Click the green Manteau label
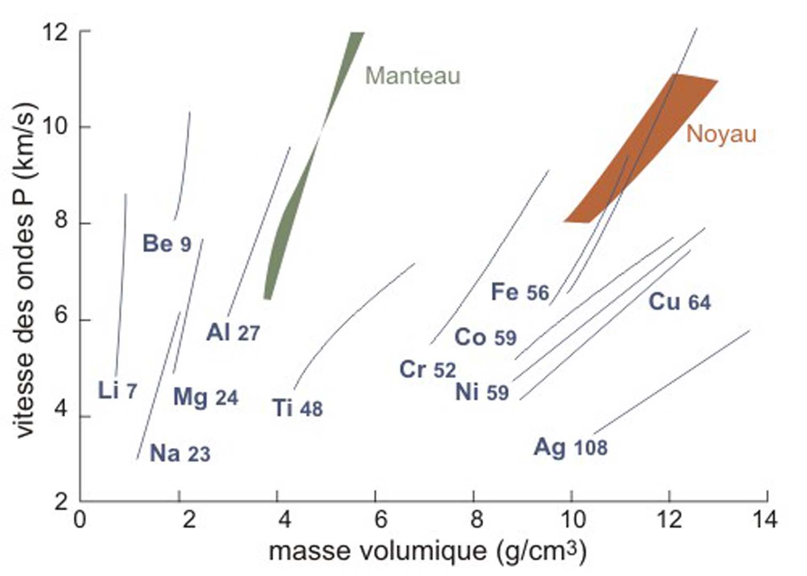[412, 76]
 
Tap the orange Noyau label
[721, 133]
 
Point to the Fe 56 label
[520, 292]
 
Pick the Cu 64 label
[680, 302]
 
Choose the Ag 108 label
[571, 447]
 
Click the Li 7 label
[117, 391]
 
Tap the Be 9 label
[166, 244]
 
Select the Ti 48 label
[298, 409]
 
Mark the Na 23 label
[180, 454]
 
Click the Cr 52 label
[428, 370]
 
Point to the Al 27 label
[233, 333]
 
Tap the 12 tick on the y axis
[80, 31]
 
